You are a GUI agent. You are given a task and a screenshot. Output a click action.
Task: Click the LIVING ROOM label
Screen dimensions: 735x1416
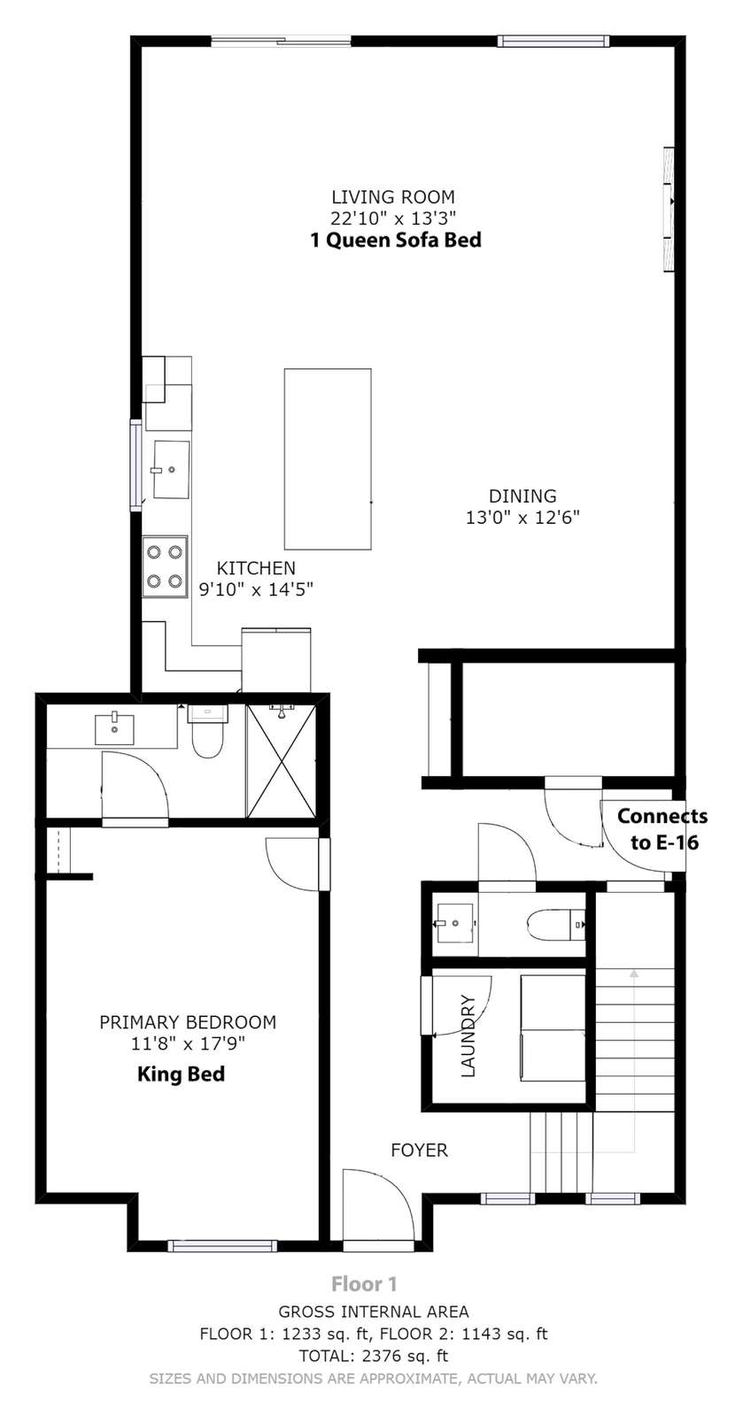[393, 196]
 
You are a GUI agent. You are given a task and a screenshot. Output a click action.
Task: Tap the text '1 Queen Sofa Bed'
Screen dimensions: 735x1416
[395, 240]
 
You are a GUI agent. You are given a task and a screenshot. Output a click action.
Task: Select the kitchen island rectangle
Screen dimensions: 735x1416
[328, 459]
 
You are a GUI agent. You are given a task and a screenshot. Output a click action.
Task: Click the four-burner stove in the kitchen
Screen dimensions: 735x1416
[165, 567]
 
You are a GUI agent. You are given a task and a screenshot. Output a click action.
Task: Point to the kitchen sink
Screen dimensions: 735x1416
[172, 470]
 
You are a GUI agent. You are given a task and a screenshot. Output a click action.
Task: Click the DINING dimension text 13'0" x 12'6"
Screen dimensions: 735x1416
[522, 518]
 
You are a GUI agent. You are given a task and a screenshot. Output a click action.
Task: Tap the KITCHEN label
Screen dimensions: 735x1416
[256, 567]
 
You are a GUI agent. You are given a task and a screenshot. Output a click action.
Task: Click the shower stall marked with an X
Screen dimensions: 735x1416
[281, 760]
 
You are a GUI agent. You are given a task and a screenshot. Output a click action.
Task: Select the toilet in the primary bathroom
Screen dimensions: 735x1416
[207, 731]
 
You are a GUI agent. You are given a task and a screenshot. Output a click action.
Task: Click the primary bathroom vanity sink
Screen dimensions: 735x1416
[114, 729]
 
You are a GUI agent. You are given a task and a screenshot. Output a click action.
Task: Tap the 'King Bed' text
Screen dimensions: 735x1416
[181, 1074]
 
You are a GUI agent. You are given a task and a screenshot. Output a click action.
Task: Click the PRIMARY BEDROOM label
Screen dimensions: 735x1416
[188, 1022]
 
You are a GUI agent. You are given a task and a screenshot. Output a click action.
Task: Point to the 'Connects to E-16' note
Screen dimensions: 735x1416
[662, 828]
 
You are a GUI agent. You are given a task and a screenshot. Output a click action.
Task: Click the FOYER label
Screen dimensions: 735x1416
[420, 1150]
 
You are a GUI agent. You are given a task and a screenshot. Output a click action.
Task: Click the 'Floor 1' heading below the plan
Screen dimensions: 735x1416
[364, 1284]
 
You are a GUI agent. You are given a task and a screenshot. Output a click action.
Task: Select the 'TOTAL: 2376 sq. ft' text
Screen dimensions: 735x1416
[374, 1355]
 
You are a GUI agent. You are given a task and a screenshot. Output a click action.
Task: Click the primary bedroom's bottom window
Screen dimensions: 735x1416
[222, 1245]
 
